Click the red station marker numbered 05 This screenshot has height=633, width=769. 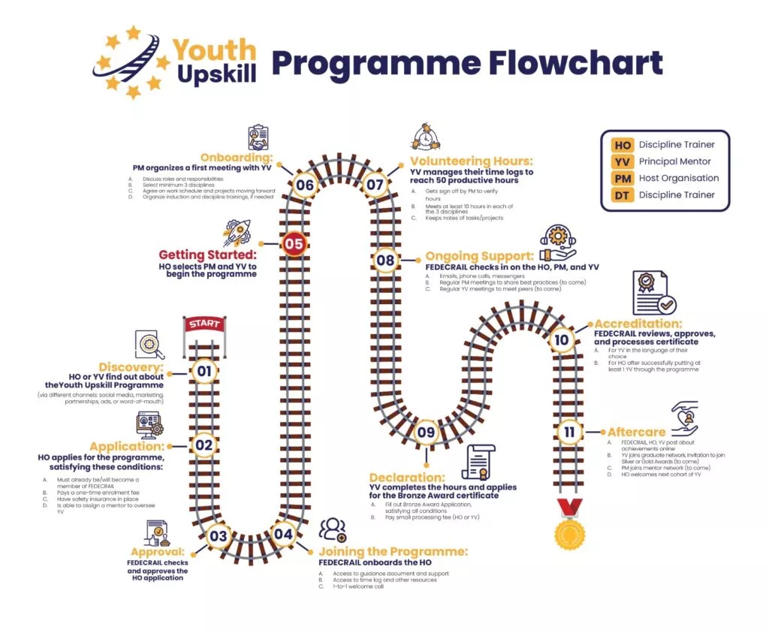(x=294, y=243)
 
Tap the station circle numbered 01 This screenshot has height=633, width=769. (x=204, y=370)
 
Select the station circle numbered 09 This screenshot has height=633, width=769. (x=426, y=432)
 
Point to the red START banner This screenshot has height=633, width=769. (x=204, y=324)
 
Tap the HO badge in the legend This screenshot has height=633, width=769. (x=623, y=145)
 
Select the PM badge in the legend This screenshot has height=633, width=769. (x=623, y=178)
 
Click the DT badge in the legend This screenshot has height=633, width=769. (x=623, y=194)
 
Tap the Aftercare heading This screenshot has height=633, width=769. (x=635, y=433)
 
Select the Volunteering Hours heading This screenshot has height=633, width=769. (x=471, y=161)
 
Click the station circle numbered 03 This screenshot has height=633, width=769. (x=218, y=535)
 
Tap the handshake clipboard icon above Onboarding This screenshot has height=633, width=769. (x=258, y=138)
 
